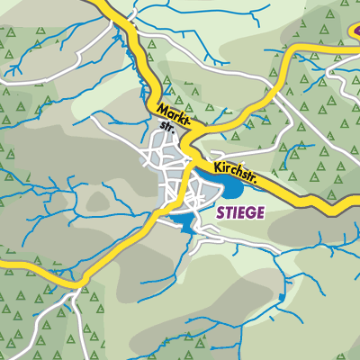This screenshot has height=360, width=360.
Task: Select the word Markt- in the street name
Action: pyautogui.click(x=175, y=116)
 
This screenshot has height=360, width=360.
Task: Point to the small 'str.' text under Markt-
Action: pyautogui.click(x=166, y=127)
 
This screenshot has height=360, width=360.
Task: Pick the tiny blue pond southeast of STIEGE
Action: pyautogui.click(x=282, y=296)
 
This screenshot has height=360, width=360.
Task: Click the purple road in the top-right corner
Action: pyautogui.click(x=354, y=32)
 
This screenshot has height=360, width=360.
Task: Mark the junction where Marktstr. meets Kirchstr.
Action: pyautogui.click(x=191, y=147)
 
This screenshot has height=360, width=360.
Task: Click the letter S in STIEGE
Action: pyautogui.click(x=220, y=213)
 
